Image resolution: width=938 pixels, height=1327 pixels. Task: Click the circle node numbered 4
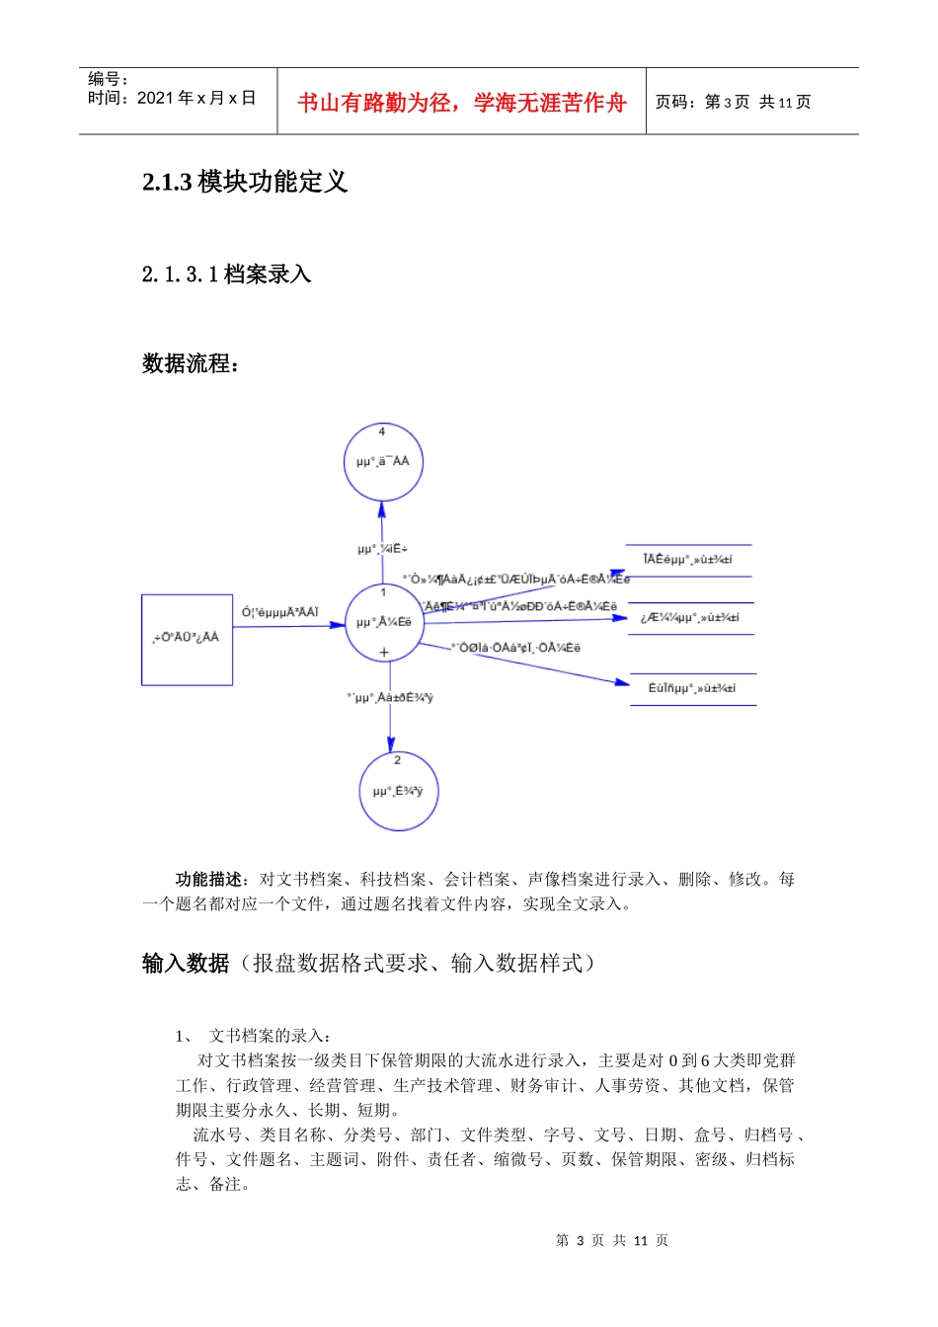(383, 461)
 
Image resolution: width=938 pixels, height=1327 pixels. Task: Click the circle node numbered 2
(398, 790)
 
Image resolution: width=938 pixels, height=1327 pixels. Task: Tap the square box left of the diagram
(187, 639)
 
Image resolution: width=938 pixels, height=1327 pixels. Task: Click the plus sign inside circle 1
(384, 652)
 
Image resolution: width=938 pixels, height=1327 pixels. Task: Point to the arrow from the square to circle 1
(288, 626)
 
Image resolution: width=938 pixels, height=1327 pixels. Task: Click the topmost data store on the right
(688, 560)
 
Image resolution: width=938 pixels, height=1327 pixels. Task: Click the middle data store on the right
(690, 618)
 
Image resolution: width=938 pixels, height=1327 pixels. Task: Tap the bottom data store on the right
(692, 688)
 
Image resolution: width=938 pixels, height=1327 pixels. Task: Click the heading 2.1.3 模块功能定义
(245, 182)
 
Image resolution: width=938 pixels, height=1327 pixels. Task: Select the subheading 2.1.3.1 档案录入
(226, 274)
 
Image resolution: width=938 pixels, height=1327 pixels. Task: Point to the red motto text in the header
(461, 103)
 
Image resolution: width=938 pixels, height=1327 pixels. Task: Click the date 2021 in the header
(153, 98)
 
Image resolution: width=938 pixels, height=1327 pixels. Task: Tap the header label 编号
(107, 79)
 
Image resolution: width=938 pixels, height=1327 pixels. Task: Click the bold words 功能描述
(209, 879)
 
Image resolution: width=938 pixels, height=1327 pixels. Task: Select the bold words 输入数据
(186, 963)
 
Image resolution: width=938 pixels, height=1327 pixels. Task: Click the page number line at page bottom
(612, 1240)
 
